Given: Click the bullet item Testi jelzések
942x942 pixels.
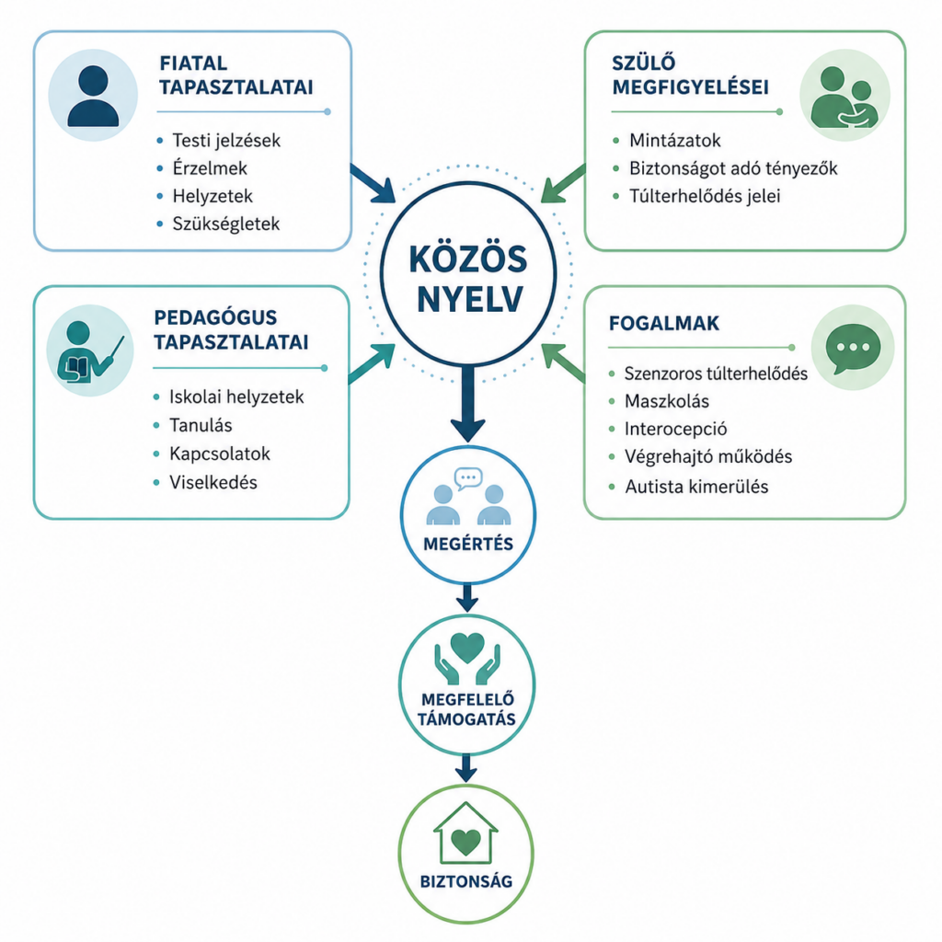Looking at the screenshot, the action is point(226,141).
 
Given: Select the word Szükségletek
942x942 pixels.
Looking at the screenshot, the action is point(226,224).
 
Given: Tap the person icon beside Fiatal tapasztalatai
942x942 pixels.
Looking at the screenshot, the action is point(93,96).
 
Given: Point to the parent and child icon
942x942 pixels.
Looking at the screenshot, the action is point(844,97).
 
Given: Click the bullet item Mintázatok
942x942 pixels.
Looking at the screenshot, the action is point(674,141).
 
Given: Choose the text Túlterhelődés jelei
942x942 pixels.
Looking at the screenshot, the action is point(705,196).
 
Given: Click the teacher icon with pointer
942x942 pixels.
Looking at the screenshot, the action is point(90,351).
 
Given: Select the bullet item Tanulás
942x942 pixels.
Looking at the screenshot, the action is point(201,425).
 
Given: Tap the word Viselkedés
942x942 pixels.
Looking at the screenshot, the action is point(213,482).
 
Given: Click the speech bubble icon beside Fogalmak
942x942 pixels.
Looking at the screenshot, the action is point(853,349).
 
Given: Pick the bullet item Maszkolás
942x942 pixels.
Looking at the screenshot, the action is point(666,401).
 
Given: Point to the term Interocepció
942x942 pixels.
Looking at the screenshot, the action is point(675,429).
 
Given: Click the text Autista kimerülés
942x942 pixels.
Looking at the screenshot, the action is point(696,487).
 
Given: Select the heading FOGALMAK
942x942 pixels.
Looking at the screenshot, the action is point(664,323).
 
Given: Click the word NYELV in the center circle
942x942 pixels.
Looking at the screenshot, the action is point(469,299).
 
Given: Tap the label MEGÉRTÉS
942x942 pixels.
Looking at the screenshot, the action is point(468,545).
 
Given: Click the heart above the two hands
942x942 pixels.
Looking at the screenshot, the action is point(467,648).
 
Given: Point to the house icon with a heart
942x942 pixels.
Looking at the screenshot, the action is point(465,833).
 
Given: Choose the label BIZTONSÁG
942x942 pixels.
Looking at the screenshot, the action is point(466,881).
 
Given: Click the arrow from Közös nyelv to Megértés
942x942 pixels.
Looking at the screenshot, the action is point(468,404).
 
